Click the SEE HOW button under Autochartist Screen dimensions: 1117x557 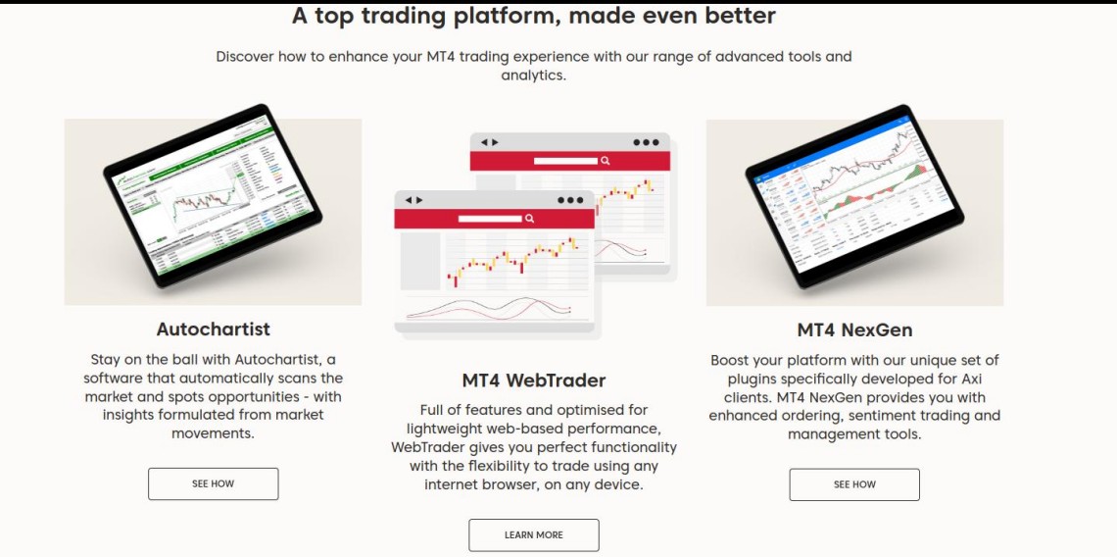click(x=213, y=483)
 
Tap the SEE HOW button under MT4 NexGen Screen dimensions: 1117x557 click(x=854, y=484)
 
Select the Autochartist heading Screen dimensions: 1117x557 click(x=213, y=329)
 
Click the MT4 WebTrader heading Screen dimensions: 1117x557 click(x=534, y=380)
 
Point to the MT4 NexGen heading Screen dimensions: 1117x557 click(x=854, y=330)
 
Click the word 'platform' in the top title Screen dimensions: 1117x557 click(x=500, y=16)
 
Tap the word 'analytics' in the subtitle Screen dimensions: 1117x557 click(x=534, y=75)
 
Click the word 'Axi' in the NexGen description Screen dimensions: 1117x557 click(x=970, y=379)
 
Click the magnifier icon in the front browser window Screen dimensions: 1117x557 click(x=529, y=219)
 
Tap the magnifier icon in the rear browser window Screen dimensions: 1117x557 click(x=605, y=161)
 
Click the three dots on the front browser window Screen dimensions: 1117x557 click(x=570, y=200)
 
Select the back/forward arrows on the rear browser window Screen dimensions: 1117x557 click(x=489, y=142)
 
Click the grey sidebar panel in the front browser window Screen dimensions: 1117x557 click(x=420, y=261)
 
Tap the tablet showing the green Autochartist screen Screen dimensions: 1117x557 click(x=213, y=196)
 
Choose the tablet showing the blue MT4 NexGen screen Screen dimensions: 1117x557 click(x=854, y=196)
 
